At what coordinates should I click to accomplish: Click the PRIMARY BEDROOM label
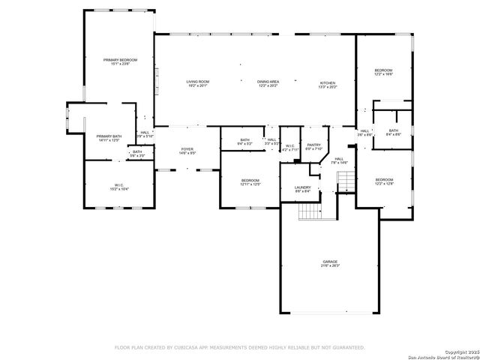tap(121, 61)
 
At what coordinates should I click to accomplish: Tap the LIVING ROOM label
tap(197, 82)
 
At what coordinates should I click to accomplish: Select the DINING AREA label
tap(268, 82)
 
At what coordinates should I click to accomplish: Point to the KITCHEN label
tap(328, 84)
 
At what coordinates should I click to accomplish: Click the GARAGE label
tap(330, 262)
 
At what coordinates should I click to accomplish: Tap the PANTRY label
tap(313, 146)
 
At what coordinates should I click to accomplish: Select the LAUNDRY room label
tap(303, 189)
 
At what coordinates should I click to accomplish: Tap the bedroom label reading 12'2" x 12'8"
tap(384, 181)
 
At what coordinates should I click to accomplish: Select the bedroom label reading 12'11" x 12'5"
tap(250, 181)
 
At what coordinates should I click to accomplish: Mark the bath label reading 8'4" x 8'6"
tap(394, 132)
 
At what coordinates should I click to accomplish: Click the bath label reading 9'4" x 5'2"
tap(244, 141)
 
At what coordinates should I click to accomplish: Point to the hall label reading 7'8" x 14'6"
tap(339, 160)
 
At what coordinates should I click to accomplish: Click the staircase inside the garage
tap(310, 213)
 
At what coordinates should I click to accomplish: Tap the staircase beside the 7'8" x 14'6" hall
tap(346, 181)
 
